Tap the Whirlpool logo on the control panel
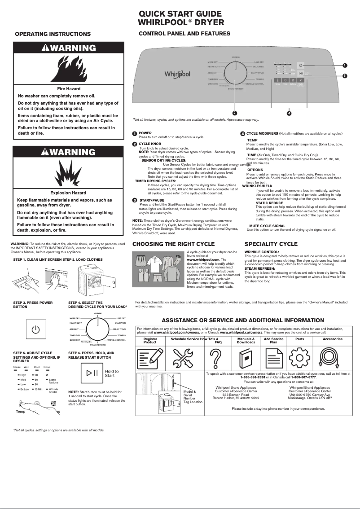(177, 74)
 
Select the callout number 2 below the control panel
(234, 112)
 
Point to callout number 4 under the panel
(289, 113)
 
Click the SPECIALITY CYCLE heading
(271, 244)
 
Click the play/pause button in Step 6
(92, 373)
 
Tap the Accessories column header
(332, 339)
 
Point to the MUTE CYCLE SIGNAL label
(267, 226)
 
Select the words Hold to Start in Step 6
(112, 373)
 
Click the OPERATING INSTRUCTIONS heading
(53, 34)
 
